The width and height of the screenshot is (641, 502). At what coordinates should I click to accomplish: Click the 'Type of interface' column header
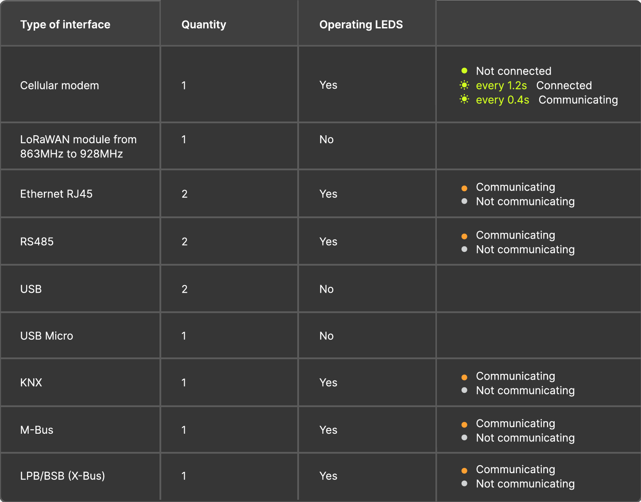point(65,24)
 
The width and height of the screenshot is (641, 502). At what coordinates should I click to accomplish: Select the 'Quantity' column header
point(204,25)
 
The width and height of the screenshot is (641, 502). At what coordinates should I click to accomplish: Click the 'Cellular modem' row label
point(60,85)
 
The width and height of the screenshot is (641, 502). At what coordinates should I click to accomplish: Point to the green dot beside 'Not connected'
point(464,71)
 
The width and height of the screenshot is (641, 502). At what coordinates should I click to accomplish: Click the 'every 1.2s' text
point(501,86)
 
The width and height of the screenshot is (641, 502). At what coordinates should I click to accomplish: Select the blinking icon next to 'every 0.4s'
point(464,99)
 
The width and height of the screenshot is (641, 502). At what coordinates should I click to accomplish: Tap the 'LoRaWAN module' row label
point(78,146)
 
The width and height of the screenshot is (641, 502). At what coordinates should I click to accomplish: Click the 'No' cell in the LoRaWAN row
point(326,139)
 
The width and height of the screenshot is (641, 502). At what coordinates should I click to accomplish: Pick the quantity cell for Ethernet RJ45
point(184,194)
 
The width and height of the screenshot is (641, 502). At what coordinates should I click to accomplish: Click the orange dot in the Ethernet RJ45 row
point(464,188)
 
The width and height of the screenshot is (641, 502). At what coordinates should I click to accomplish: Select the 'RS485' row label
point(37,242)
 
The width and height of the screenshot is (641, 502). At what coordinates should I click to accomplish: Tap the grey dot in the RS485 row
point(464,249)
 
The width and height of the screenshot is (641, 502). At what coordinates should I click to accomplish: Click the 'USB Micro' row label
point(47,336)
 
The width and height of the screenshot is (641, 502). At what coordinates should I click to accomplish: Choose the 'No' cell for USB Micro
point(326,336)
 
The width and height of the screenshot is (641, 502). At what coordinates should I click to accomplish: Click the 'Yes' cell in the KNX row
point(328,383)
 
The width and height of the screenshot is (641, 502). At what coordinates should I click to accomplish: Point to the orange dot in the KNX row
point(464,377)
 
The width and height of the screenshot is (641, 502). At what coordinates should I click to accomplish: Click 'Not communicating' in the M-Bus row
point(525,438)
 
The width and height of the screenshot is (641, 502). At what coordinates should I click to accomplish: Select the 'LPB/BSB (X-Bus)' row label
point(62,476)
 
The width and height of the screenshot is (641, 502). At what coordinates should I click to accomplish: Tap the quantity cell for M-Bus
point(184,430)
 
